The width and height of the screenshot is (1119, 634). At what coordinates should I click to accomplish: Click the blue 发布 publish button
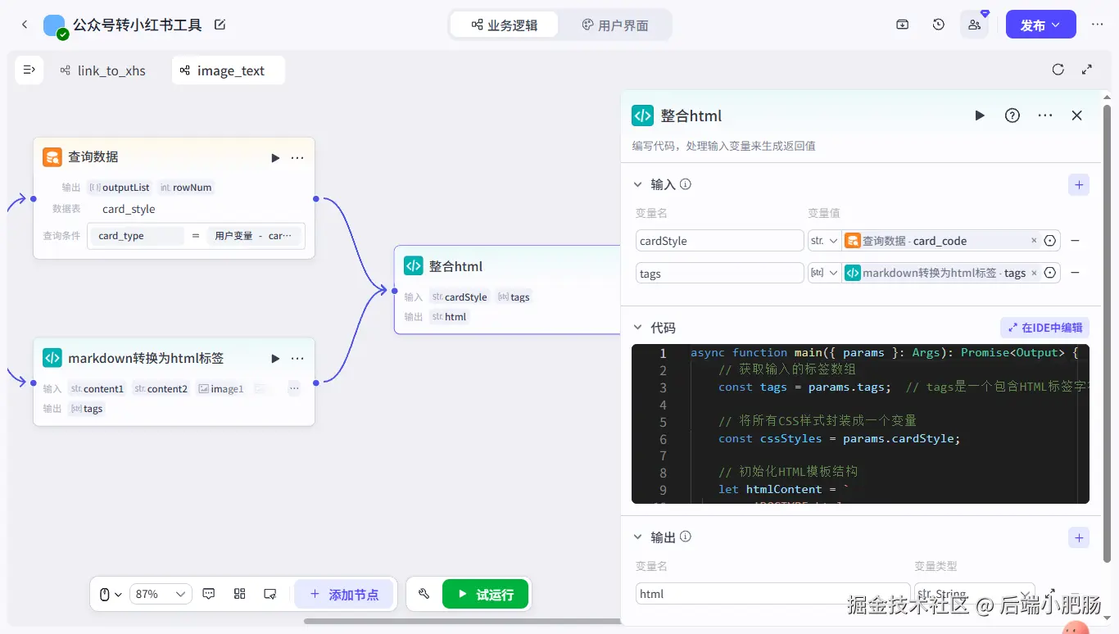click(1040, 25)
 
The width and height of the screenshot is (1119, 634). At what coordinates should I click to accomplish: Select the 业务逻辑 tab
click(505, 25)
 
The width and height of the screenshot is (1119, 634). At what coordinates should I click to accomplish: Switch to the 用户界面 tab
click(614, 25)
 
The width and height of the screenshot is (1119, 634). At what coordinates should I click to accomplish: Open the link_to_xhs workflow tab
click(103, 70)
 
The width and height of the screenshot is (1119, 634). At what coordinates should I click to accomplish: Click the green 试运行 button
click(486, 594)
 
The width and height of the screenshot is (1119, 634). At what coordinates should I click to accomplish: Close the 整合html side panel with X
click(1076, 115)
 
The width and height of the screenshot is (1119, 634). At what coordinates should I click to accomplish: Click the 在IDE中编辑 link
click(1044, 328)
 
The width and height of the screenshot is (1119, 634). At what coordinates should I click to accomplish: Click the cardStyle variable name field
click(719, 241)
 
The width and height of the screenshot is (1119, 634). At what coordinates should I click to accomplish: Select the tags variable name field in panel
click(719, 274)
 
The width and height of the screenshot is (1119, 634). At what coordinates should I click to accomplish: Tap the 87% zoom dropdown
click(160, 594)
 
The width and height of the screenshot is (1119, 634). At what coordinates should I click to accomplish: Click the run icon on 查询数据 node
click(275, 157)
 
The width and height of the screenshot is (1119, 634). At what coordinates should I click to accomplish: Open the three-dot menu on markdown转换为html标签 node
click(297, 358)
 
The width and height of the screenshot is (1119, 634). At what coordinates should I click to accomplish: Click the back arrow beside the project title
click(25, 25)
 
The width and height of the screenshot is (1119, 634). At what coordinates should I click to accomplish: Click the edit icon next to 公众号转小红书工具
click(220, 25)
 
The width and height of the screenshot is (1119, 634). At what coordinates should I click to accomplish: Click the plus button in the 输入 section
click(1078, 184)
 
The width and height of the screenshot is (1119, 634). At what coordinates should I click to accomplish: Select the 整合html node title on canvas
click(455, 266)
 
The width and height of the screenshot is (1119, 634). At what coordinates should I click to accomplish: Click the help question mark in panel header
click(1012, 115)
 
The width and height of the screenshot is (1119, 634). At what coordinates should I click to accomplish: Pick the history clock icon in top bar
click(939, 25)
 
